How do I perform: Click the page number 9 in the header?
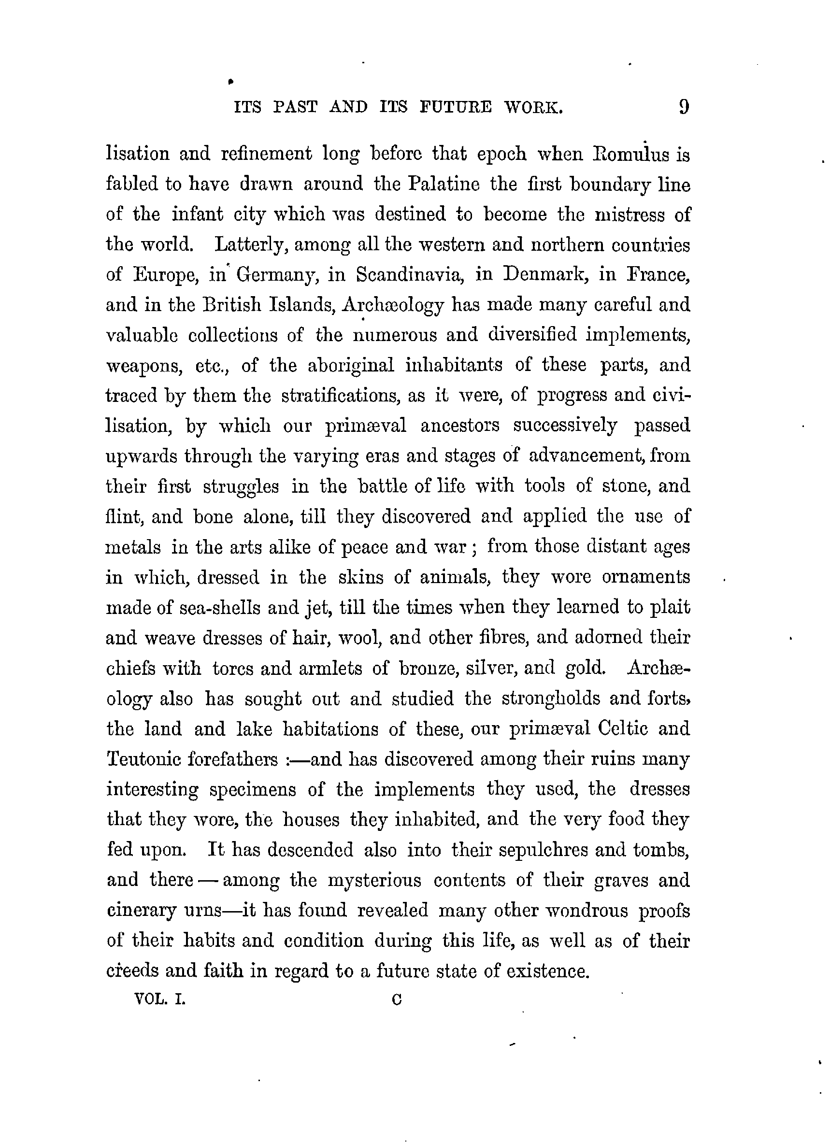click(x=684, y=107)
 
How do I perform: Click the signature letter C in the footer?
click(x=396, y=1000)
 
